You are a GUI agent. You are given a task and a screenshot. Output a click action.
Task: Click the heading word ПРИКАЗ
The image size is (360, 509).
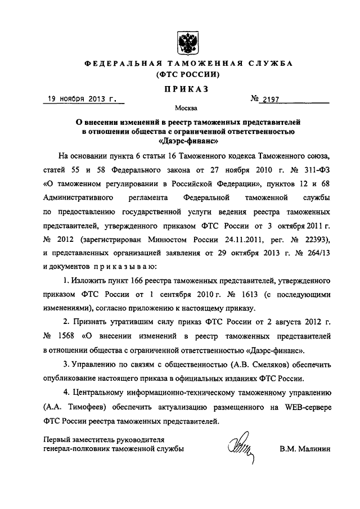click(x=186, y=88)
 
